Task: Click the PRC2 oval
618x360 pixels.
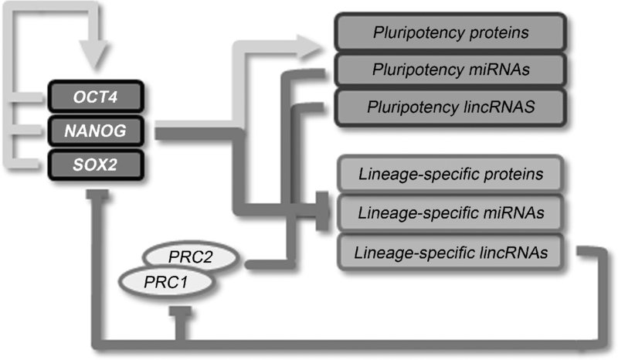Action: [196, 256]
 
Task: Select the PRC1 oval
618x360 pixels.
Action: [164, 282]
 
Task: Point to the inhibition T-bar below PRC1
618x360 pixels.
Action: [179, 311]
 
